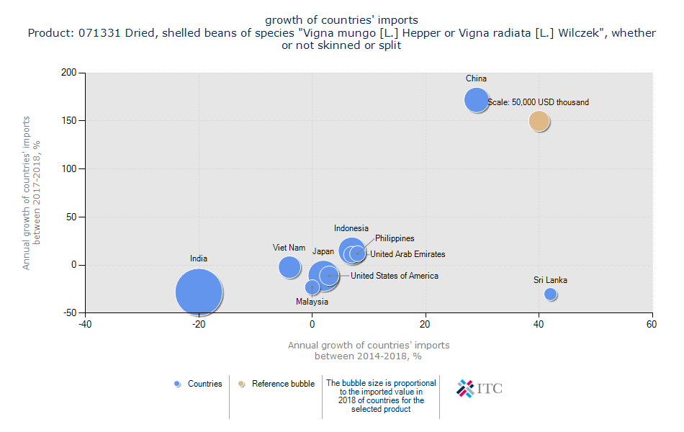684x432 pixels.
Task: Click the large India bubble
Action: (x=199, y=292)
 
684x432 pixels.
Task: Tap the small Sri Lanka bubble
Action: (x=551, y=294)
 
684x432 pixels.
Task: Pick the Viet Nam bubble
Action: (x=289, y=267)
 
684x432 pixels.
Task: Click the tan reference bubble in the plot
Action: (x=539, y=121)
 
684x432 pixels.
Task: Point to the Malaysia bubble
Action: (x=312, y=287)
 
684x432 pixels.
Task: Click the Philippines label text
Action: (x=395, y=238)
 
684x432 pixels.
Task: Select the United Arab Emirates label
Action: (x=408, y=254)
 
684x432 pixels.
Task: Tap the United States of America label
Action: (x=394, y=276)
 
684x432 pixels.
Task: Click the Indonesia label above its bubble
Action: (x=351, y=228)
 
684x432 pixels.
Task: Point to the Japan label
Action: (x=323, y=252)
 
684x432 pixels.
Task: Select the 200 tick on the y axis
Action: (x=69, y=73)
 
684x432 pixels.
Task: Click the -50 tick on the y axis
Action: (x=69, y=312)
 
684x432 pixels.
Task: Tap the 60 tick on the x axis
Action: (x=652, y=325)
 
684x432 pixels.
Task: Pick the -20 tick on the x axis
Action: (x=199, y=325)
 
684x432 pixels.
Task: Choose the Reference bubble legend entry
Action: (x=277, y=384)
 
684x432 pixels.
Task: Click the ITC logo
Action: (x=480, y=389)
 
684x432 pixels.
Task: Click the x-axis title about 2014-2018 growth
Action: (x=369, y=351)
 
